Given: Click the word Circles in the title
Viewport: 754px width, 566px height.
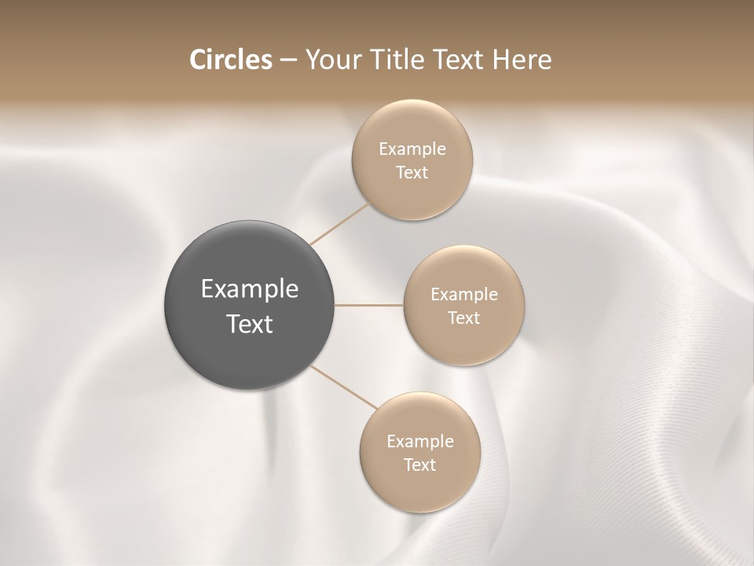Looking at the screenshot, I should pyautogui.click(x=231, y=60).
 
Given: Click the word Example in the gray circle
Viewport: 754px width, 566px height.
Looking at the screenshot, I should pyautogui.click(x=250, y=289).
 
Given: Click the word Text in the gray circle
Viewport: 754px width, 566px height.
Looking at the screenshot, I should pyautogui.click(x=250, y=324).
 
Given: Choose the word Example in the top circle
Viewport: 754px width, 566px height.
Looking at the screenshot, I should pyautogui.click(x=412, y=149).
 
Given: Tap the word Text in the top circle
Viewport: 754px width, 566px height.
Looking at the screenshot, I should pyautogui.click(x=412, y=172).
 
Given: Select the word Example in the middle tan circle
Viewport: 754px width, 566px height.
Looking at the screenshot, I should pyautogui.click(x=464, y=294).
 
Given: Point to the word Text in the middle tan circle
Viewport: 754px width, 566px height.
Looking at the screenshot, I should pyautogui.click(x=464, y=318).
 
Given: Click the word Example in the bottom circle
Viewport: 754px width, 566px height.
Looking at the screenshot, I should pyautogui.click(x=420, y=441).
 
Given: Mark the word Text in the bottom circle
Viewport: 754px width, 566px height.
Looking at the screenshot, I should pyautogui.click(x=420, y=465).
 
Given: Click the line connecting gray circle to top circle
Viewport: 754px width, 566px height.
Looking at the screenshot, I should pyautogui.click(x=339, y=224).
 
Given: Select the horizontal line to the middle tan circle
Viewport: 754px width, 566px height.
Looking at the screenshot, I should pyautogui.click(x=369, y=305).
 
